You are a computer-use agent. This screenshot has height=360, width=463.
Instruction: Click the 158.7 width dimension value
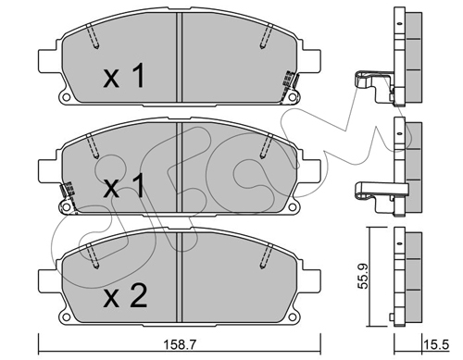click(180, 344)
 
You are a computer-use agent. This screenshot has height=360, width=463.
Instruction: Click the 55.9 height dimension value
click(363, 276)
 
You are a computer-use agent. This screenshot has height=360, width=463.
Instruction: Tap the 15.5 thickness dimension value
click(436, 344)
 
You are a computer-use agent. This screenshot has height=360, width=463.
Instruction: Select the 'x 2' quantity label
click(125, 296)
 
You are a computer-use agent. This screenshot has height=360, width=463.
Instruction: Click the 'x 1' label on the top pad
click(124, 75)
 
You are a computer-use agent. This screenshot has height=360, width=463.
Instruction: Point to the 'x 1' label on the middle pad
click(124, 185)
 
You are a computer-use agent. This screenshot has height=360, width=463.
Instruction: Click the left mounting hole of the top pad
click(66, 97)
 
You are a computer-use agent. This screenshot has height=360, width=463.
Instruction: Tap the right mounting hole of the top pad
click(292, 97)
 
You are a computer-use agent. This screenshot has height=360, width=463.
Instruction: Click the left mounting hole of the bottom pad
click(66, 317)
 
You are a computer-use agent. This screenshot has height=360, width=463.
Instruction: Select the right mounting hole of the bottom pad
click(292, 317)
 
